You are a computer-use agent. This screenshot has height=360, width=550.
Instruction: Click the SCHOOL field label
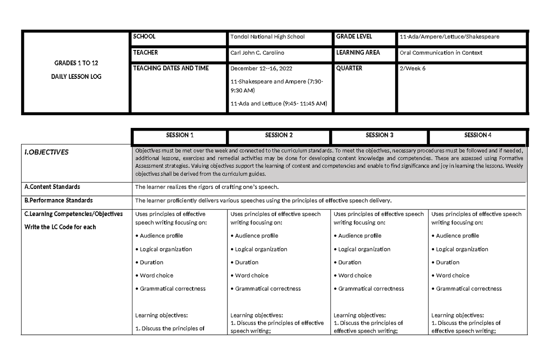coord(144,37)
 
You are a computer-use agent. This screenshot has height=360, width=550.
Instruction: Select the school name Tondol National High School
coord(267,37)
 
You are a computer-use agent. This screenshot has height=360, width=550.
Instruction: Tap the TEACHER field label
coord(145,53)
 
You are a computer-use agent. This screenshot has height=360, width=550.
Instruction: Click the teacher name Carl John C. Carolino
coord(257,53)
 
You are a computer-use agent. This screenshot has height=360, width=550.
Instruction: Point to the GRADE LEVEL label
coord(354,37)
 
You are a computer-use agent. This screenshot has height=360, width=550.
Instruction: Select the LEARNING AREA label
coord(358,53)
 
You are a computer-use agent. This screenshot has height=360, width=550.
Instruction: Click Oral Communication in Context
coord(441,53)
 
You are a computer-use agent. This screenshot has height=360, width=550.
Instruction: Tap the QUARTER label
coord(349,68)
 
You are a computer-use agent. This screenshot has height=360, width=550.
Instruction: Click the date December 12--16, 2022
coord(261,68)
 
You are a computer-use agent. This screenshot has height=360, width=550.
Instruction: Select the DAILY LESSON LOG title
coord(77,77)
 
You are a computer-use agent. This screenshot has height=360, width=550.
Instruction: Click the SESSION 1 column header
coord(180,135)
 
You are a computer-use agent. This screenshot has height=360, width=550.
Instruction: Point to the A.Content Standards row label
coord(52,187)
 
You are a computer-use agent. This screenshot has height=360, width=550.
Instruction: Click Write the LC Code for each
coord(60,227)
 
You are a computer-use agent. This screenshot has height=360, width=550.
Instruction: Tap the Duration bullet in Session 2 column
coord(247,262)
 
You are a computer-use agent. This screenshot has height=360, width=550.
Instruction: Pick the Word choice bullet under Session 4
coord(452,276)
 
